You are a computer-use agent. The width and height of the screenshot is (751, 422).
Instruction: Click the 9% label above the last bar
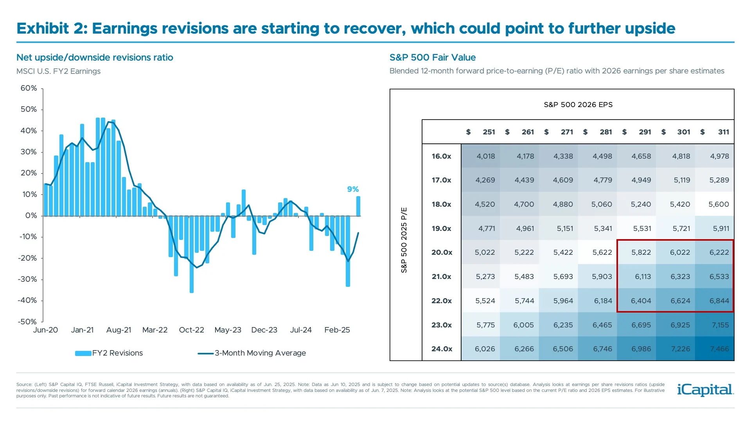coord(353,189)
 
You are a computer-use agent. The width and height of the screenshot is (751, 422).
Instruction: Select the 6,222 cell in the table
coord(719,252)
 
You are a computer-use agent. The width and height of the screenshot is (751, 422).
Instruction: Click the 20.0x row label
coord(442,252)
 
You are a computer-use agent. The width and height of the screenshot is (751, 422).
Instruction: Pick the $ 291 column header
coord(637,132)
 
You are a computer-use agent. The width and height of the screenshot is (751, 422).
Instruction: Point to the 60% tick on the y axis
coord(29,88)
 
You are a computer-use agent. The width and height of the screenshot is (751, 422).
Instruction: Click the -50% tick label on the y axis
coord(27,322)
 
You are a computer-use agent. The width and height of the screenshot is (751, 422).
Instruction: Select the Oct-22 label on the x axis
coord(191,330)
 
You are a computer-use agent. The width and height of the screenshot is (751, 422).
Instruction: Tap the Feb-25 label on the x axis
coord(337,330)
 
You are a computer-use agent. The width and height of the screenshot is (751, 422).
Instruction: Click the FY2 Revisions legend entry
coord(110,353)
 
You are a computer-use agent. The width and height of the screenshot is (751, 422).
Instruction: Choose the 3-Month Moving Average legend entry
coord(252,353)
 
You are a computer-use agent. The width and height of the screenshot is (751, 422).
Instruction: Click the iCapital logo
coord(705,390)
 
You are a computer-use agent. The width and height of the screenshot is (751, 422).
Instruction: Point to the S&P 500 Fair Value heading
coord(432,57)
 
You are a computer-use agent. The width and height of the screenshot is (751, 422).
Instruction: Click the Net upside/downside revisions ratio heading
coord(95,57)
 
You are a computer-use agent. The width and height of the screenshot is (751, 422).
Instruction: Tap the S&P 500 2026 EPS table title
coord(578,105)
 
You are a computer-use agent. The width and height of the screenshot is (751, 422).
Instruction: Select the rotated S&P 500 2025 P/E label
coord(404,240)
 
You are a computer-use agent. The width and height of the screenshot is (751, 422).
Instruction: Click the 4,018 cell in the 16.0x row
coord(485,156)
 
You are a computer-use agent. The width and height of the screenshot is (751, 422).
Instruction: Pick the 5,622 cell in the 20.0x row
coord(602,252)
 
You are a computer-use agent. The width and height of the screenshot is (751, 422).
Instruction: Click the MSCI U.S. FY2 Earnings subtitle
coord(58,71)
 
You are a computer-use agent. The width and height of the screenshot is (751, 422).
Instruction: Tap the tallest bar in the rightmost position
coord(358,206)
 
